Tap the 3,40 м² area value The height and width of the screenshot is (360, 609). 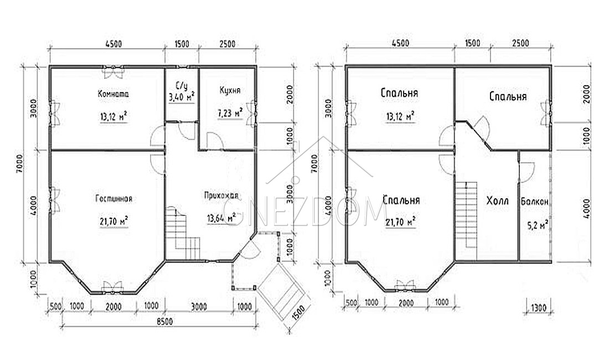[x=182, y=97]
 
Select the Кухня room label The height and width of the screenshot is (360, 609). [x=230, y=90]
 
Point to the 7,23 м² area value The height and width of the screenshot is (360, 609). [x=230, y=113]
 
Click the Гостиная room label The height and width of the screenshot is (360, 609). [x=114, y=199]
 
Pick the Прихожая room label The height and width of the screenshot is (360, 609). [x=221, y=196]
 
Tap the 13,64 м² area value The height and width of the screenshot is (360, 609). [x=222, y=218]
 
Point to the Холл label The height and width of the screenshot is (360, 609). [x=498, y=200]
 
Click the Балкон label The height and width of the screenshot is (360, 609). [x=535, y=202]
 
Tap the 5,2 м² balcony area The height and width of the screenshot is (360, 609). [x=538, y=224]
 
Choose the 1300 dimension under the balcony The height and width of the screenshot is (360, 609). [x=538, y=308]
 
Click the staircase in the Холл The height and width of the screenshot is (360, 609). [x=466, y=215]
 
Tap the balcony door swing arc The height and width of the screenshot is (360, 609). [x=528, y=171]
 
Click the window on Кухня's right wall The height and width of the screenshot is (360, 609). [x=255, y=112]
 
